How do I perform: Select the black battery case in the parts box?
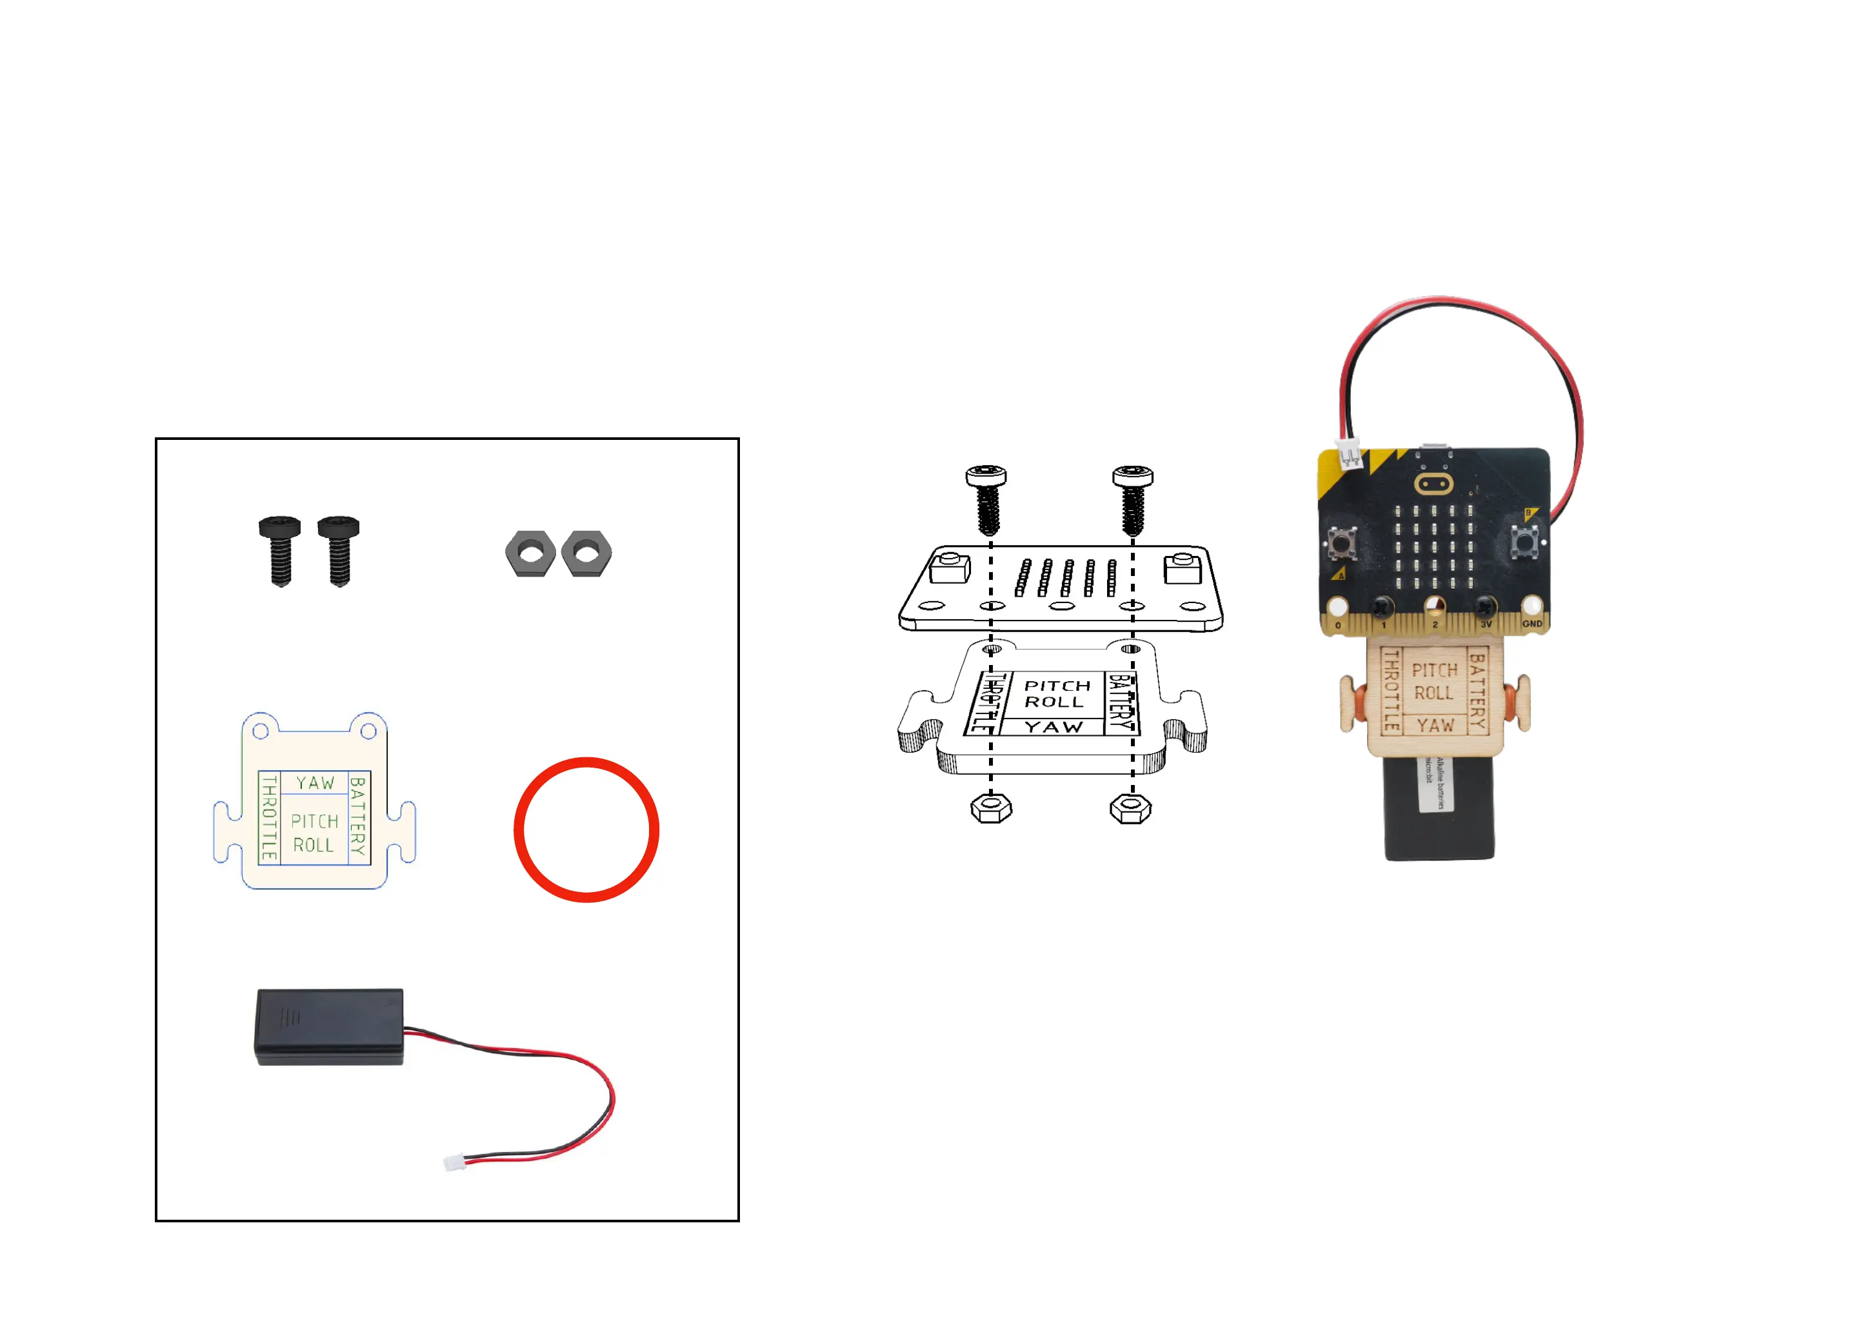(330, 1026)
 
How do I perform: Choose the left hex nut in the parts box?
(530, 554)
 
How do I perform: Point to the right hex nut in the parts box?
(586, 554)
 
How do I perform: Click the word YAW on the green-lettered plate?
(315, 782)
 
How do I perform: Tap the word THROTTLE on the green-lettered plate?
(269, 817)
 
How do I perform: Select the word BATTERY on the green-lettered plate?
(358, 816)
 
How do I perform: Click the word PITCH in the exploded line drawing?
(1057, 686)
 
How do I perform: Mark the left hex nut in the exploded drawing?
(991, 808)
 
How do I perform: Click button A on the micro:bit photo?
(1343, 542)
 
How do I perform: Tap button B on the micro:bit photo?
(1524, 541)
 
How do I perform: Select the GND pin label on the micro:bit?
(1532, 624)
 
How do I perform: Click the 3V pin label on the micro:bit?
(1486, 624)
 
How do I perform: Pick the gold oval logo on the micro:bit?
(1433, 485)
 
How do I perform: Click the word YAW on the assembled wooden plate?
(1435, 726)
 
